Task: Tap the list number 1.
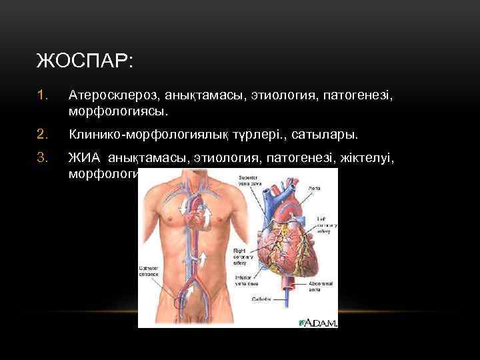click(43, 97)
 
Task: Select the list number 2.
click(43, 135)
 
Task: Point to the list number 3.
click(43, 159)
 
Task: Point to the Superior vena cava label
click(250, 181)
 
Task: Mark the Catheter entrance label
click(150, 270)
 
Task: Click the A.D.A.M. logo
click(319, 322)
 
